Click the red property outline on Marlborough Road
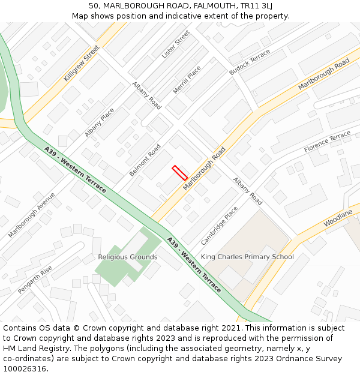click(180, 173)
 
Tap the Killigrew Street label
click(82, 64)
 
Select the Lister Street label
click(175, 44)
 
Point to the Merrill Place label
click(187, 80)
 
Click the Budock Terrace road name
click(250, 62)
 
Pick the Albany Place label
click(100, 122)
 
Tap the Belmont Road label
click(145, 160)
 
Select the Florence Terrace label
click(327, 142)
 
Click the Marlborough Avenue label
click(31, 215)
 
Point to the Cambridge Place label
click(219, 226)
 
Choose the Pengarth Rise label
click(35, 280)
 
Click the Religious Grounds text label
click(128, 257)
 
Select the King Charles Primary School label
click(247, 257)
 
